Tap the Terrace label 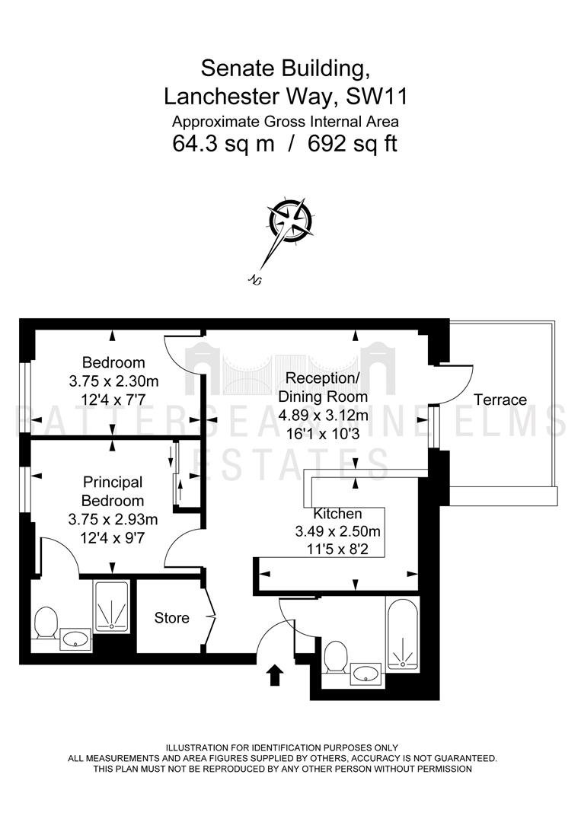pyautogui.click(x=500, y=400)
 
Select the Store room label pyautogui.click(x=171, y=618)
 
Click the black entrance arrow pyautogui.click(x=276, y=676)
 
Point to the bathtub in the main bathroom pyautogui.click(x=403, y=634)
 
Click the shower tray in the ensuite pyautogui.click(x=111, y=606)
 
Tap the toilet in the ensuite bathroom pyautogui.click(x=46, y=623)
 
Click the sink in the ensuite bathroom pyautogui.click(x=75, y=639)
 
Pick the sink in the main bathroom pyautogui.click(x=366, y=673)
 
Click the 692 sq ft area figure pyautogui.click(x=353, y=144)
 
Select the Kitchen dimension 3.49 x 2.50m pyautogui.click(x=337, y=531)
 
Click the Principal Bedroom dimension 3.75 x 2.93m pyautogui.click(x=113, y=520)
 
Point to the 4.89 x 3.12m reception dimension pyautogui.click(x=323, y=416)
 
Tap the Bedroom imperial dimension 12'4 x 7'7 pyautogui.click(x=113, y=400)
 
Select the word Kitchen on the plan pyautogui.click(x=337, y=514)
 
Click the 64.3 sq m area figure pyautogui.click(x=223, y=144)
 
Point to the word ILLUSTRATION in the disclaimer pyautogui.click(x=197, y=747)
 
